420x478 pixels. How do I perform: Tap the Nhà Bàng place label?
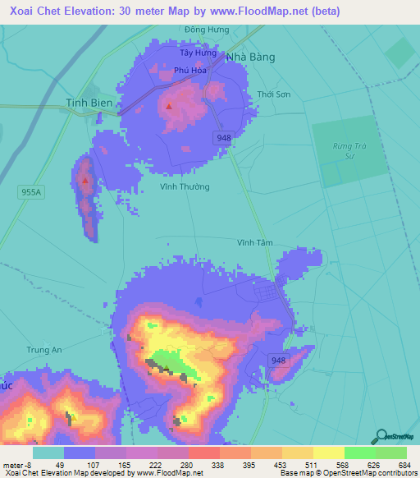(x=250, y=57)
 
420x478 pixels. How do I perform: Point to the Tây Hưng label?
(x=198, y=53)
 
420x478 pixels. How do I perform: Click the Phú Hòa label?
(x=189, y=71)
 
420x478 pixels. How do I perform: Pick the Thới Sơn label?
(x=273, y=94)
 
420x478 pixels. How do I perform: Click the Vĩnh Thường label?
(x=184, y=187)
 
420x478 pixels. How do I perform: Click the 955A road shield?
(x=29, y=191)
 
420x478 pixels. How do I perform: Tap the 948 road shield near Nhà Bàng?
(x=225, y=138)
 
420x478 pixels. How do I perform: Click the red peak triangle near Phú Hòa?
(x=169, y=106)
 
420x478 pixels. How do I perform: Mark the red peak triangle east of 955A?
(x=84, y=178)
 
